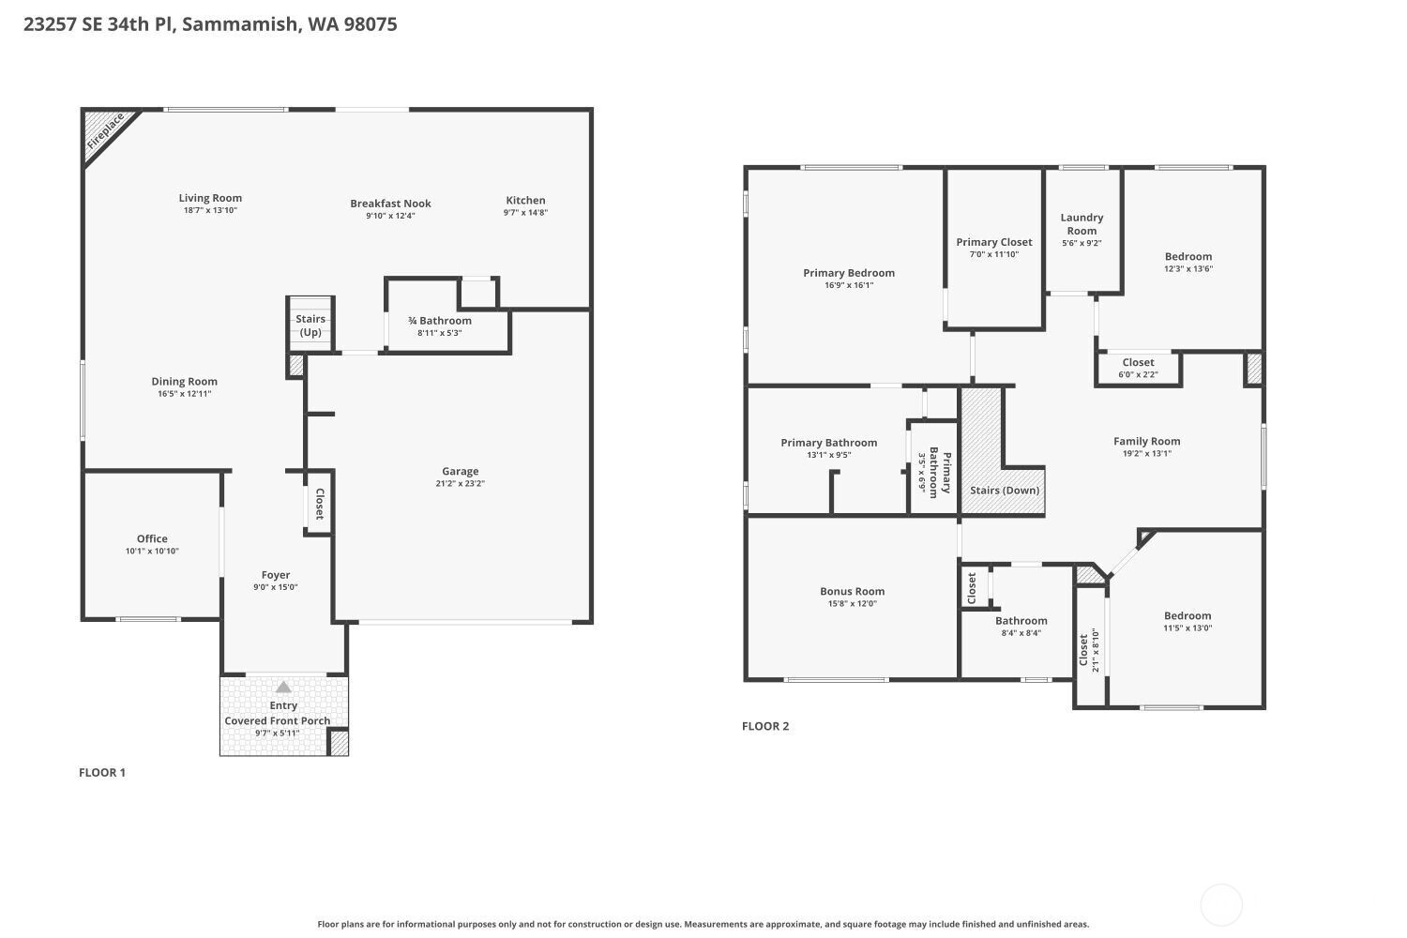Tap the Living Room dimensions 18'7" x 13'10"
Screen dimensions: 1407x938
tap(210, 210)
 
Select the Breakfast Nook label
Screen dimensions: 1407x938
tap(391, 204)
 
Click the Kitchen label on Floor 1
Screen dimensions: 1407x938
tap(525, 201)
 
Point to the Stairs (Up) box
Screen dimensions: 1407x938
tap(310, 325)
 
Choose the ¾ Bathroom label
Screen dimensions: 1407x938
tap(440, 321)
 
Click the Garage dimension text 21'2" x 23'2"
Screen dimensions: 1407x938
tap(461, 484)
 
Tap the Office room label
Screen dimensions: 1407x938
tap(152, 539)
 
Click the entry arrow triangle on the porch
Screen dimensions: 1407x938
tap(283, 687)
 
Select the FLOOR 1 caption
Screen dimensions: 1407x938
tap(102, 773)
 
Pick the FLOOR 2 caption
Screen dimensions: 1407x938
tap(765, 726)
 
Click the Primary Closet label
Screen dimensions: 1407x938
tap(994, 243)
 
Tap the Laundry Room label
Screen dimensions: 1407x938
tap(1082, 224)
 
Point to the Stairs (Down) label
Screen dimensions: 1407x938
tap(1005, 491)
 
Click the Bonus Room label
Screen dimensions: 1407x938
tap(853, 592)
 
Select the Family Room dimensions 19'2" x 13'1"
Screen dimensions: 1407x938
tap(1147, 454)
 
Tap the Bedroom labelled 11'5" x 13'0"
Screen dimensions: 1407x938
tap(1188, 616)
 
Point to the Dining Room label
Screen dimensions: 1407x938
tap(185, 382)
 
